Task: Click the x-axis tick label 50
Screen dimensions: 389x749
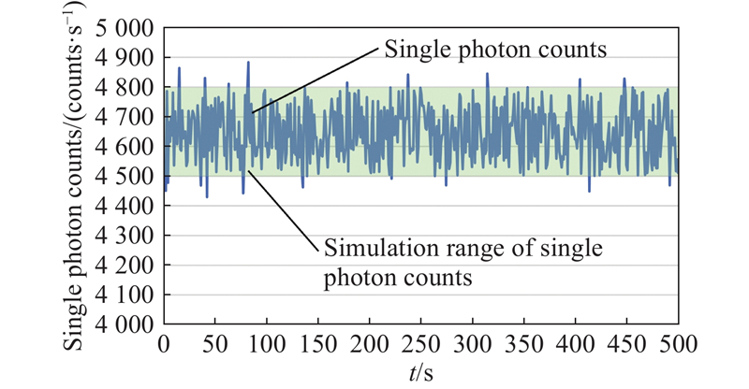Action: tap(215, 342)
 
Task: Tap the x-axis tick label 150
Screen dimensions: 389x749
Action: tap(318, 342)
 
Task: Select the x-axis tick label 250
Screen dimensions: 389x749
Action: tap(420, 342)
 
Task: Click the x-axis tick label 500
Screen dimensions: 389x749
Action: tap(676, 342)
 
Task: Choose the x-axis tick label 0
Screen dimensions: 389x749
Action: tap(165, 342)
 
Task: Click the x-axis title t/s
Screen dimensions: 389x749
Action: tap(419, 371)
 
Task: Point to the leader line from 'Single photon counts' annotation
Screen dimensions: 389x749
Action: tap(314, 80)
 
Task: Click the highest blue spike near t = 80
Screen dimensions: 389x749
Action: tap(248, 64)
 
